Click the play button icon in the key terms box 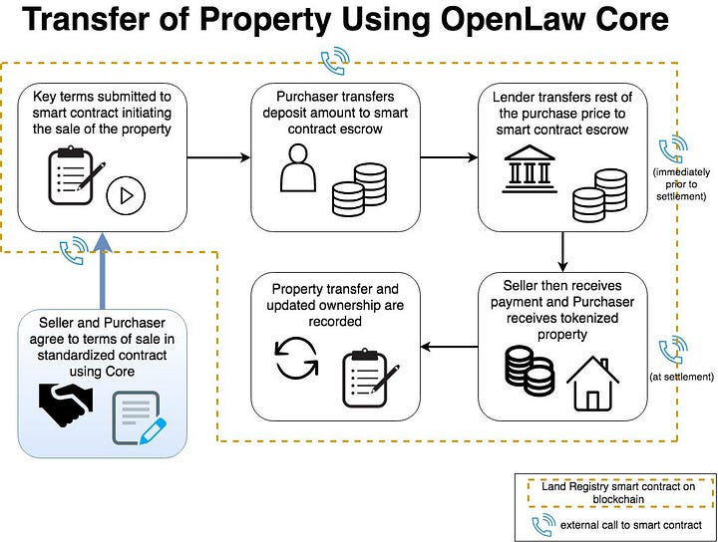tap(126, 195)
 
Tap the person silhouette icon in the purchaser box tap(298, 167)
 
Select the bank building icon tap(530, 168)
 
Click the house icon tap(592, 384)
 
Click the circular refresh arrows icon tap(296, 358)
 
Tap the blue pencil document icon tap(140, 418)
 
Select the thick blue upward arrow tap(102, 271)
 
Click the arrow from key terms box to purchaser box tap(218, 157)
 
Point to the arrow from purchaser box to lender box tap(449, 157)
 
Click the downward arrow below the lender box tap(562, 252)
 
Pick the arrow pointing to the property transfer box tap(449, 347)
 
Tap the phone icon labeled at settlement tap(672, 350)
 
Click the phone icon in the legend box tap(542, 525)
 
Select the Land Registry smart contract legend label tap(618, 492)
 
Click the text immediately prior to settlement tap(681, 184)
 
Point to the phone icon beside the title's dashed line tap(335, 61)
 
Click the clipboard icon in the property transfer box tap(370, 378)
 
